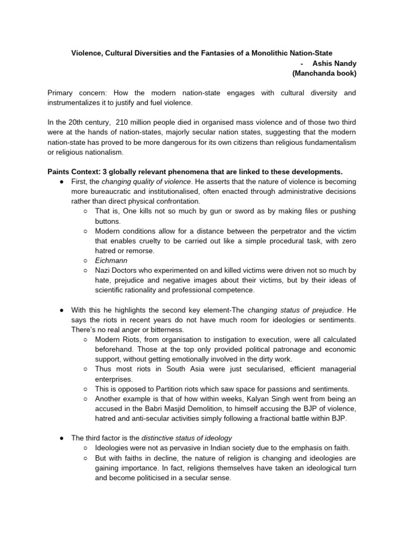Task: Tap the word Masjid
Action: pyautogui.click(x=174, y=409)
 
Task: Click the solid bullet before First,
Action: pyautogui.click(x=62, y=182)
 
